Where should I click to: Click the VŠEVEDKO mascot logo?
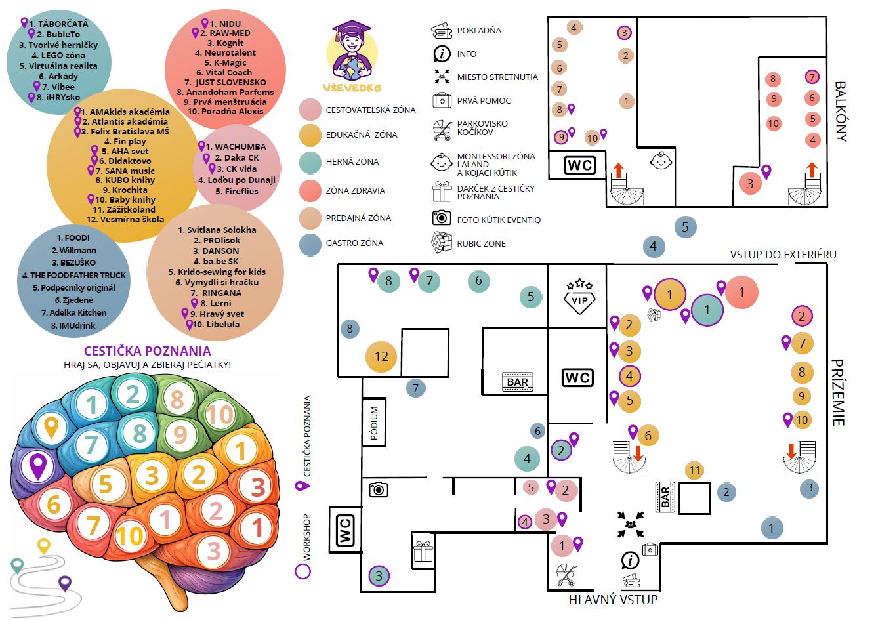point(352,56)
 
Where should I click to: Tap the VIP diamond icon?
point(579,297)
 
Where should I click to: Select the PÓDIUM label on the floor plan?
point(374,423)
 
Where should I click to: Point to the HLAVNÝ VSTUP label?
point(613,599)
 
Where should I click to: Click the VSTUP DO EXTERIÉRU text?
point(783,255)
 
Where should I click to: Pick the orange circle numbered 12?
point(381,356)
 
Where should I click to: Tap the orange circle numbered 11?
point(694,470)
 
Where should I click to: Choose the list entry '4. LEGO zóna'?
point(58,56)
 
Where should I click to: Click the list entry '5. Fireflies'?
point(237,191)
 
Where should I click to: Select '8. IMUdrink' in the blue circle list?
point(73,325)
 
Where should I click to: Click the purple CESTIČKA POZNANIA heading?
point(148,350)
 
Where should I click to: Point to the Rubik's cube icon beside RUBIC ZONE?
point(442,242)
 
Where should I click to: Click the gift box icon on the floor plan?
point(423,551)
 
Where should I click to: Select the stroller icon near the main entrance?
point(566,575)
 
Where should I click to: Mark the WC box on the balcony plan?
point(580,165)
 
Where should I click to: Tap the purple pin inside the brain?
point(38,466)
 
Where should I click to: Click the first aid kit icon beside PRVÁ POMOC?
point(442,100)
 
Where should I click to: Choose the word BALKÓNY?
point(840,112)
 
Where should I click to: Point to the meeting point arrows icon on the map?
point(631,524)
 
